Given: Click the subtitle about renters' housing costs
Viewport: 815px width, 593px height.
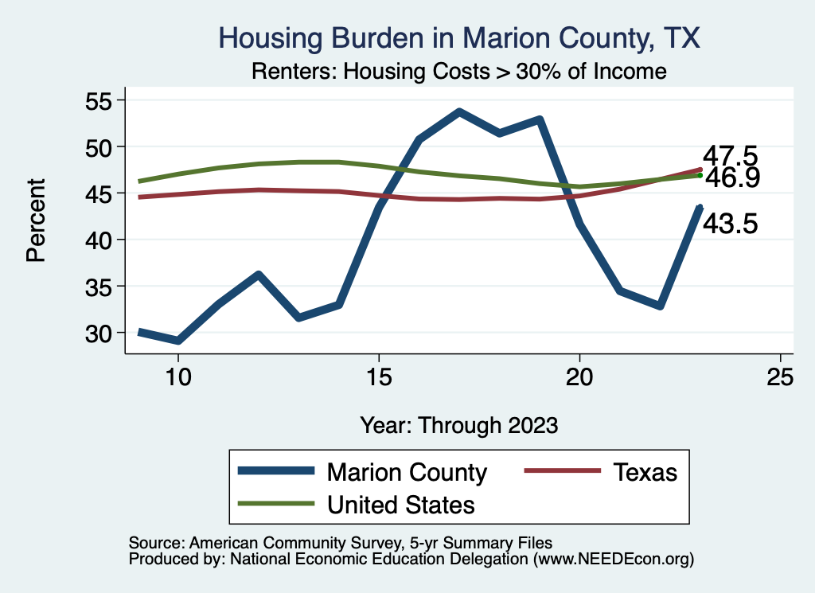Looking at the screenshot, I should click(x=458, y=71).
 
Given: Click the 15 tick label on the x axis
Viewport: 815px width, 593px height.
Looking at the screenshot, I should click(x=379, y=376).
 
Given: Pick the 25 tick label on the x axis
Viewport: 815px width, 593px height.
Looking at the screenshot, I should click(x=780, y=376).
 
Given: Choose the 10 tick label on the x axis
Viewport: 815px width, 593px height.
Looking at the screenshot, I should click(x=177, y=376).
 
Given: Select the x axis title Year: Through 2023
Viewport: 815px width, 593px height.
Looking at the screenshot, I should click(x=458, y=424).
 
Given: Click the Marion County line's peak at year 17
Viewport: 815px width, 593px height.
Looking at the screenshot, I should click(x=459, y=112).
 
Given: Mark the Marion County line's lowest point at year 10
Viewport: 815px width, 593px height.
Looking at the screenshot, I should click(x=178, y=341).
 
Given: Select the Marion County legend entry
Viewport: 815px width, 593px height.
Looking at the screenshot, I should click(x=407, y=472).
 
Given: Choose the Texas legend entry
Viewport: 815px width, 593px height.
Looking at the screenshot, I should click(x=645, y=472).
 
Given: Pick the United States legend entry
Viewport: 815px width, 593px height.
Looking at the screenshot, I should click(x=401, y=504).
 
